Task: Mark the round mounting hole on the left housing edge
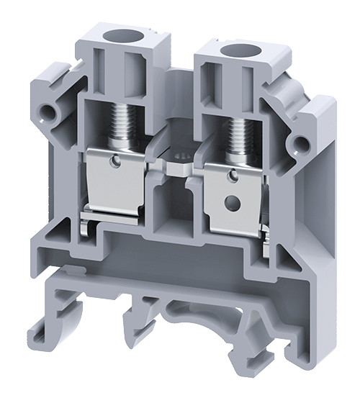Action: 49,112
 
